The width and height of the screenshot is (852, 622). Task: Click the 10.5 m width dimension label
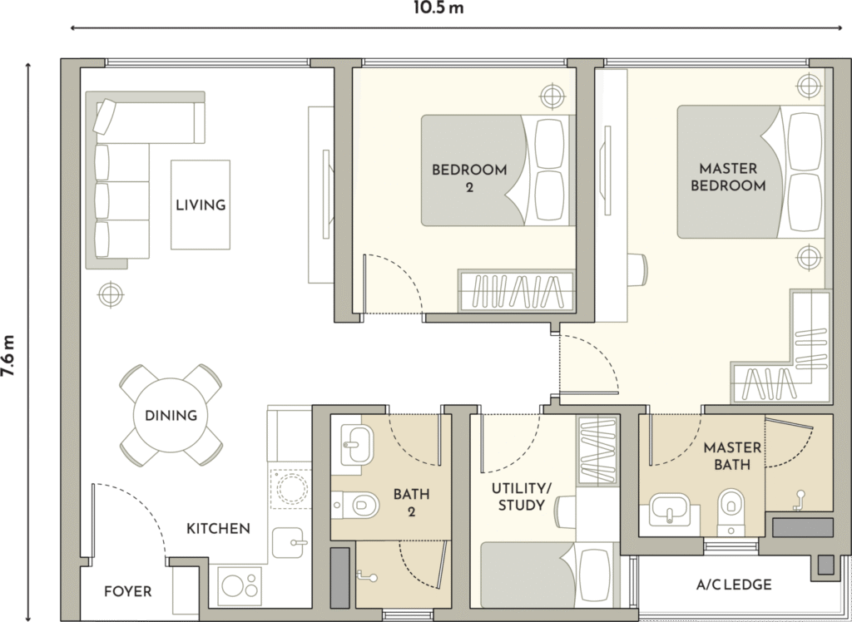click(438, 8)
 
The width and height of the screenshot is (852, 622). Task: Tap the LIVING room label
click(201, 205)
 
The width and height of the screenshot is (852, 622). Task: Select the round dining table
click(171, 415)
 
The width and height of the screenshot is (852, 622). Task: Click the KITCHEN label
click(219, 529)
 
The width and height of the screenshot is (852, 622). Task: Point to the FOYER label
click(127, 591)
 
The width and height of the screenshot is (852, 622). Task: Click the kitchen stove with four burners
click(240, 585)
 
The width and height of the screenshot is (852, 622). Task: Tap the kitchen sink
click(287, 542)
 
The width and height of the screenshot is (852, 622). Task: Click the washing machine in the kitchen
click(290, 489)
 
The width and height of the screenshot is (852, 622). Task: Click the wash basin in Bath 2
click(356, 444)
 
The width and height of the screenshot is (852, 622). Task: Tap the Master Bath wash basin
click(669, 510)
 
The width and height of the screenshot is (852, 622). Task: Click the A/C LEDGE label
click(734, 585)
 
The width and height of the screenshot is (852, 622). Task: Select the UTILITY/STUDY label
click(521, 496)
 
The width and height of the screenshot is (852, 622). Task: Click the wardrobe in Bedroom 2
click(516, 291)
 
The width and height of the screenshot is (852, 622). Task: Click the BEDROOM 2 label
click(469, 178)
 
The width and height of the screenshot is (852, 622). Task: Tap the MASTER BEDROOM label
click(728, 177)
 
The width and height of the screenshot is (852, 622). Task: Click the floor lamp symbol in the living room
click(111, 295)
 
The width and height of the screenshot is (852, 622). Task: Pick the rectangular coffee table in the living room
click(201, 205)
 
